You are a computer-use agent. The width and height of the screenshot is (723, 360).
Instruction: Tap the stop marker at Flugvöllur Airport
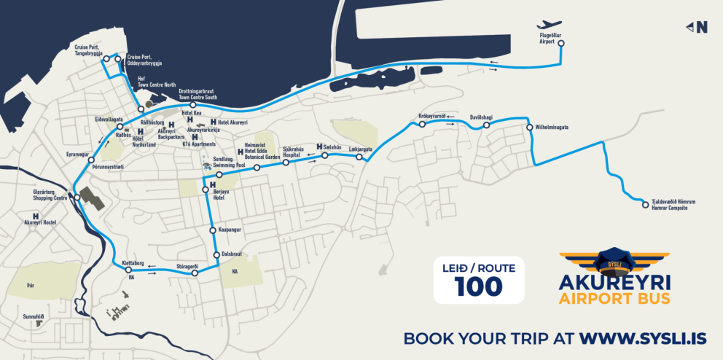pos(561,43)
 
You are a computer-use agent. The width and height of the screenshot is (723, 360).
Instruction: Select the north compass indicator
pos(697,28)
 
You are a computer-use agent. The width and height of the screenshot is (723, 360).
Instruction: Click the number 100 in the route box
pos(479,286)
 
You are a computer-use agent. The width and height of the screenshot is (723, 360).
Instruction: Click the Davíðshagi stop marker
pos(486,125)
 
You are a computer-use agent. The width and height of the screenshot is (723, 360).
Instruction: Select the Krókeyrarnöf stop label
pos(432,116)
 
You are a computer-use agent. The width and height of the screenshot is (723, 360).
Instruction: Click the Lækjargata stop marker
pos(359,157)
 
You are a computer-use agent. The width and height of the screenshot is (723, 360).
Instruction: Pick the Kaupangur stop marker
pos(212,230)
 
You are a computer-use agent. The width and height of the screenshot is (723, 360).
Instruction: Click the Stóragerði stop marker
pos(195,273)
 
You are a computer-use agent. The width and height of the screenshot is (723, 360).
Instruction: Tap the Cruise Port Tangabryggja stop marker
pos(106,58)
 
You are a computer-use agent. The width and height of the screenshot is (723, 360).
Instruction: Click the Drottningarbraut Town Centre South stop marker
pos(193,105)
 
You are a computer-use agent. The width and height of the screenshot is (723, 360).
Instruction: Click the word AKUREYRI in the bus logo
pos(615,282)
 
